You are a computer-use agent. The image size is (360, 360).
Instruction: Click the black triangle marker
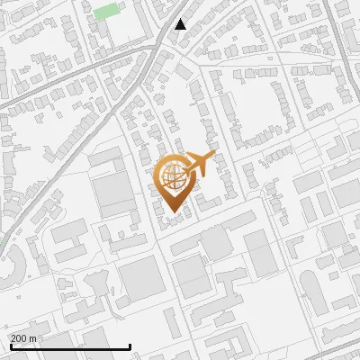pyautogui.click(x=181, y=24)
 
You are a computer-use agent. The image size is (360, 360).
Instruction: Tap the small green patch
pyautogui.click(x=107, y=11)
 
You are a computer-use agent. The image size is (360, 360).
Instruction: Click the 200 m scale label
pyautogui.click(x=24, y=338)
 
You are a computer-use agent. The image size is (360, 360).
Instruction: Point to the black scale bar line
pyautogui.click(x=70, y=346)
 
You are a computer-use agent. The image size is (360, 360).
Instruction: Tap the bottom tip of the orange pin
pyautogui.click(x=175, y=212)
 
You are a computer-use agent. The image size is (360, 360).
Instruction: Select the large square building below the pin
pyautogui.click(x=139, y=280)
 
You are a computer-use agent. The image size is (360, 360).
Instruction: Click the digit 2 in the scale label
pyautogui.click(x=14, y=338)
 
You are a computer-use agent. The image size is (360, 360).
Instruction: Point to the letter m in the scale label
pyautogui.click(x=33, y=338)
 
